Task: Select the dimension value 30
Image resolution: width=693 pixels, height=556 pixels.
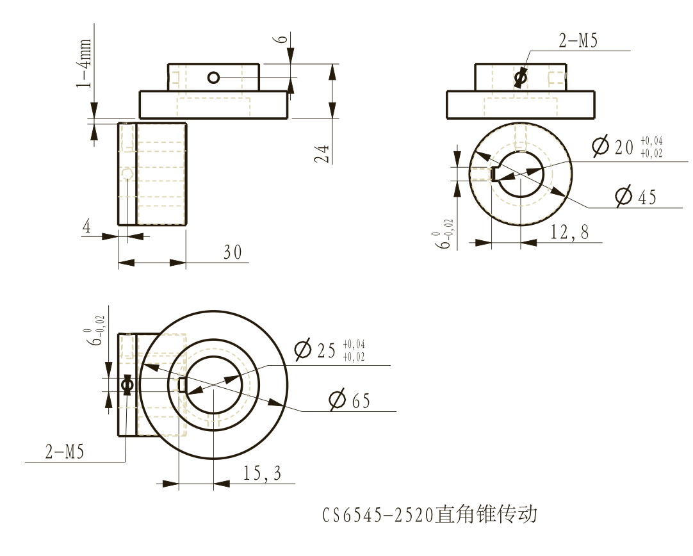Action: click(232, 253)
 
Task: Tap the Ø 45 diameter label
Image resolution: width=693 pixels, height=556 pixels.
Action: click(635, 197)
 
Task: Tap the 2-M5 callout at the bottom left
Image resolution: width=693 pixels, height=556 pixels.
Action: click(64, 452)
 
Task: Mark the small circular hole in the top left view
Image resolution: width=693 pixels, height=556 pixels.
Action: click(213, 78)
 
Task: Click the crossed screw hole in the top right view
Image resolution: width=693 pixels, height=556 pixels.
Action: click(520, 78)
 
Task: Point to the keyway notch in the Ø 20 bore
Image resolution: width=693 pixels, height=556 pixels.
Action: click(495, 174)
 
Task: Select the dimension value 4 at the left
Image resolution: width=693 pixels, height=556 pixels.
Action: click(87, 226)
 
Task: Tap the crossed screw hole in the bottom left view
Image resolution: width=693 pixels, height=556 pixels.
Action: click(127, 384)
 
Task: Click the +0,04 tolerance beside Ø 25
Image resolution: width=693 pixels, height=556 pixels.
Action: click(354, 344)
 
